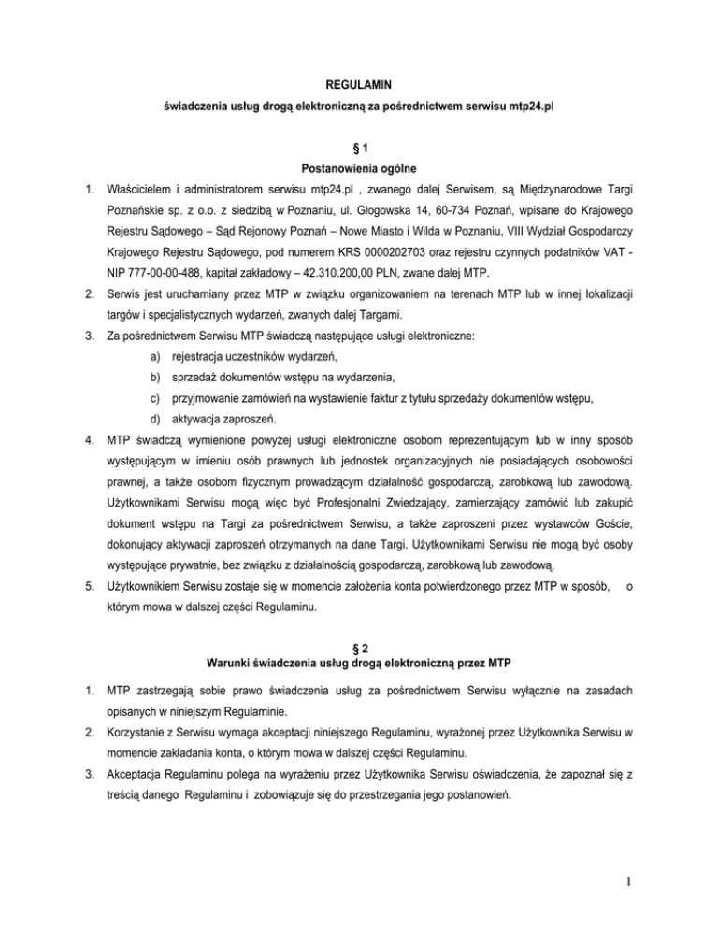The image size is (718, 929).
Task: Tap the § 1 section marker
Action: (x=358, y=150)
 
